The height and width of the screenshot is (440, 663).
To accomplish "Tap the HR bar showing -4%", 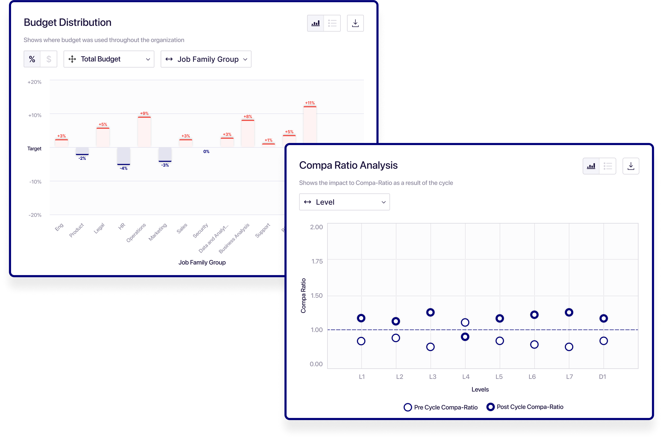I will click(x=124, y=156).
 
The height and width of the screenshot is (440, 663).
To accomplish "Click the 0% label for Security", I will click(x=206, y=152).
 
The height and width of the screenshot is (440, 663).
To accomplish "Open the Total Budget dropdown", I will click(x=109, y=59).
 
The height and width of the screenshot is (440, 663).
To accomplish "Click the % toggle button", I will click(x=32, y=59).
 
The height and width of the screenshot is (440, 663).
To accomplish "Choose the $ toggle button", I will click(x=49, y=59).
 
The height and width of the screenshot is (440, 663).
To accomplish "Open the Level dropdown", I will click(x=344, y=202).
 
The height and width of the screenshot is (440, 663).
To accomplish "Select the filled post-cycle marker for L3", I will click(x=430, y=312).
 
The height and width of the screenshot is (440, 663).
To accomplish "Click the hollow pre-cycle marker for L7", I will click(x=569, y=347).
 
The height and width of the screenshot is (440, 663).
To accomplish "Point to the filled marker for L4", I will click(x=465, y=337).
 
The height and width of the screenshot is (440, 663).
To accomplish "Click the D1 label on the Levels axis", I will click(x=602, y=377).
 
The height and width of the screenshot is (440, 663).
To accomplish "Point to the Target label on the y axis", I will click(x=34, y=148).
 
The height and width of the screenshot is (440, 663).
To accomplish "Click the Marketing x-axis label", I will click(x=158, y=232).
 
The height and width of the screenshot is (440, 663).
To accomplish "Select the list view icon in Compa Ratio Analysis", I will click(x=607, y=166).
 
